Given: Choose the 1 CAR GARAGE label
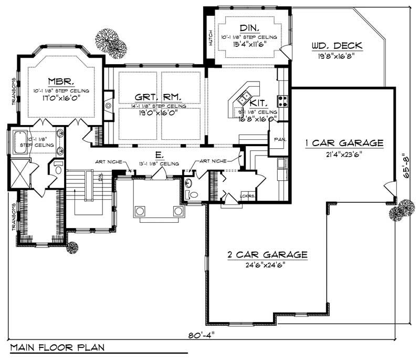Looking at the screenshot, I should tap(344, 143).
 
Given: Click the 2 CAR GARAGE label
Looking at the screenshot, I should tap(267, 255).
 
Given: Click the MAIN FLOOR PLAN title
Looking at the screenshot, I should tap(56, 348).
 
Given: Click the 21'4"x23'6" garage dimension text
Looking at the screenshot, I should tap(344, 154).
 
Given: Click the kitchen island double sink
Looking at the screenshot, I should tap(244, 97).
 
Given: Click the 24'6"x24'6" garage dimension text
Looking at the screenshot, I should tap(267, 265).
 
